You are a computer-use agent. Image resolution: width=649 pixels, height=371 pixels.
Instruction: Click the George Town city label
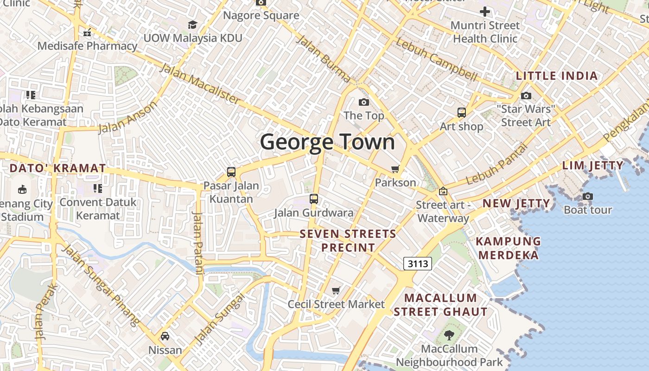pos(327,142)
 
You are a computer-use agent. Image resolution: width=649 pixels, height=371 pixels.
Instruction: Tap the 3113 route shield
pos(417,264)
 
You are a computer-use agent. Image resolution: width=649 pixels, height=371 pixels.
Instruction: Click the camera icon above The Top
pos(364,102)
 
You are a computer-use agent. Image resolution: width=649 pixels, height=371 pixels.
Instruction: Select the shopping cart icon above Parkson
pos(395,169)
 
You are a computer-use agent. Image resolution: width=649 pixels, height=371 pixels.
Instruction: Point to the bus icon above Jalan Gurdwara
pos(314,199)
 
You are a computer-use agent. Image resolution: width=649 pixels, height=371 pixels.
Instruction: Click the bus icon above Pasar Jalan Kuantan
pos(231,172)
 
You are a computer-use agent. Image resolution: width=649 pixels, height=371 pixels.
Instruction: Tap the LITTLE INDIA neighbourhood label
pos(556,76)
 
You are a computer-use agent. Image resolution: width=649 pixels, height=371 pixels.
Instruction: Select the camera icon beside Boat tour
pos(588,196)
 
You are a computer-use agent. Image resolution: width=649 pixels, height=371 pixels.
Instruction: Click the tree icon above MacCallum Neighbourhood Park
pos(449,335)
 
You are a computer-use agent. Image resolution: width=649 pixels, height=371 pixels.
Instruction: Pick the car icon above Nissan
pos(165,336)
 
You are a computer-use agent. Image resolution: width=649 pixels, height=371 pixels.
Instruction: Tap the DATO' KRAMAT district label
pos(57,168)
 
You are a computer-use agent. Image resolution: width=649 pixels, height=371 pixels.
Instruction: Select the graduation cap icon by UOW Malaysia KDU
pos(192,25)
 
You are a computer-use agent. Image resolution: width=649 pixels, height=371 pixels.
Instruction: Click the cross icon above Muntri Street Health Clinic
pos(485,12)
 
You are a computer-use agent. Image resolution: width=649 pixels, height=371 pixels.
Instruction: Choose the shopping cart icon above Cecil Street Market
pos(336,291)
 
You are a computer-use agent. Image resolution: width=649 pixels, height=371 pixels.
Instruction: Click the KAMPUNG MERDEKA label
pos(509,248)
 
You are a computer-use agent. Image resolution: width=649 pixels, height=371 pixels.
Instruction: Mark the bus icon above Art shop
pos(461,112)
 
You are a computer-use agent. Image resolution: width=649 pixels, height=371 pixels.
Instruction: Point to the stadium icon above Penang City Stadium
pos(22,189)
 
